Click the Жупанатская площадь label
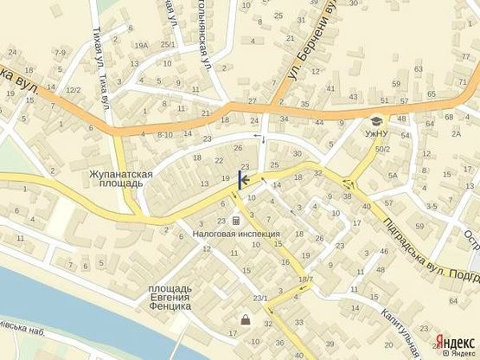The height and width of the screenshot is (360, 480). click(121, 178)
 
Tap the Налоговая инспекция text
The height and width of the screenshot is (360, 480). click(236, 235)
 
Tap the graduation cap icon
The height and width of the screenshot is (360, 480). click(377, 120)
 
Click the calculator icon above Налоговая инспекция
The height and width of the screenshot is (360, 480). click(236, 221)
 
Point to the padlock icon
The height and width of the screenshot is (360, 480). click(245, 321)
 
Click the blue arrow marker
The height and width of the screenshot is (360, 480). click(242, 180)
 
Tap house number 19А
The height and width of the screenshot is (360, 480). click(142, 45)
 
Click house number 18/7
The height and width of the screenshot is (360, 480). click(304, 280)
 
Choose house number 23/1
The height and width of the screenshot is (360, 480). click(260, 299)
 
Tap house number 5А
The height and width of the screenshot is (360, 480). click(392, 176)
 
